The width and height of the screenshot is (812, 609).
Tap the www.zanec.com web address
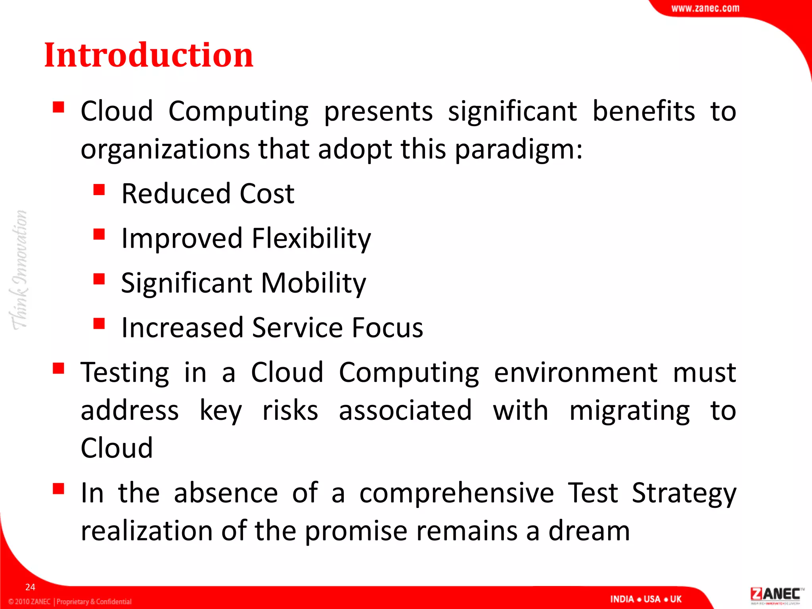click(x=705, y=8)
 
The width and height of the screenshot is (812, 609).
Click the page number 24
click(x=30, y=587)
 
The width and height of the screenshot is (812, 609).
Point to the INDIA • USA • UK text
click(x=645, y=599)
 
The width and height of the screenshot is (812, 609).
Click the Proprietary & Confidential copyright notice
click(x=70, y=601)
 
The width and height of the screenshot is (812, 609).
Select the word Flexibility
click(x=311, y=239)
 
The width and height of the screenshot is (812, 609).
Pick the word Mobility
click(x=313, y=283)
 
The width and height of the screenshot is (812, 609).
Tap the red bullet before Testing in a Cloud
click(x=58, y=368)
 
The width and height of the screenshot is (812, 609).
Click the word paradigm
click(x=519, y=150)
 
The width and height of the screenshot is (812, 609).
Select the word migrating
click(x=630, y=411)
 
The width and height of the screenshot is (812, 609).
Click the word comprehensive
click(x=456, y=493)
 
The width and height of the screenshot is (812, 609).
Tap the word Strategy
click(x=684, y=494)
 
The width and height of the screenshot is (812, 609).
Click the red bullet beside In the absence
click(x=58, y=489)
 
